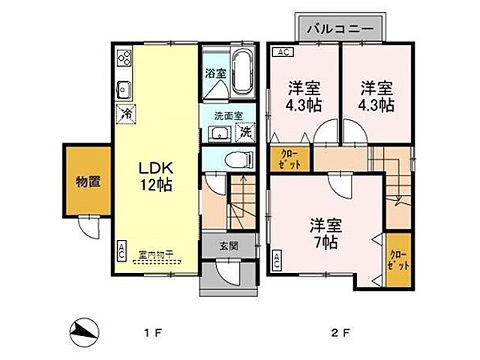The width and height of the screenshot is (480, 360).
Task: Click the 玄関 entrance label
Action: pos(229,245)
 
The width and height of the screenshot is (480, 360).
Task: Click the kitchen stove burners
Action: pos(124,58)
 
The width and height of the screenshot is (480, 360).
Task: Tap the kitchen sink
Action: pos(124,89)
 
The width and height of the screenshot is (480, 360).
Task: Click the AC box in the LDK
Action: pos(121,250)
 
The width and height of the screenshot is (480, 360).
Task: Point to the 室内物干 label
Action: pos(157,253)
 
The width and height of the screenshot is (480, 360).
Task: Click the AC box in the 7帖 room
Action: pos(277,260)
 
